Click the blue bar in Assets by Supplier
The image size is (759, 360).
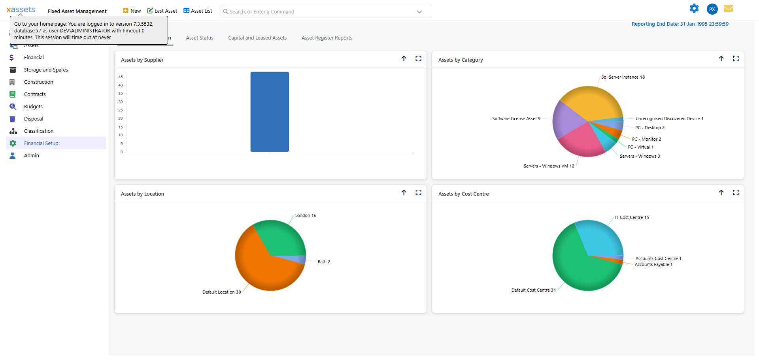270,112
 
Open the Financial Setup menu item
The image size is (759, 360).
41,143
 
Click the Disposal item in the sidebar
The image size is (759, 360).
34,119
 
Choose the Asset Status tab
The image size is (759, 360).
200,38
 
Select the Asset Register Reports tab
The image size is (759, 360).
327,38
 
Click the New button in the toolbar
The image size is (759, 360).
132,11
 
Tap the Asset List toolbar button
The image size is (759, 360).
198,11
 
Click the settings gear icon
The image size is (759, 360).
694,8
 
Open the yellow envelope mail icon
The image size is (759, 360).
729,8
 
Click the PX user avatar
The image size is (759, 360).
712,9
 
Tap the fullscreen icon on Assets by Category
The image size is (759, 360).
736,58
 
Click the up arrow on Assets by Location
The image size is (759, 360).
404,192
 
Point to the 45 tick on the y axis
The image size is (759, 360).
121,77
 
